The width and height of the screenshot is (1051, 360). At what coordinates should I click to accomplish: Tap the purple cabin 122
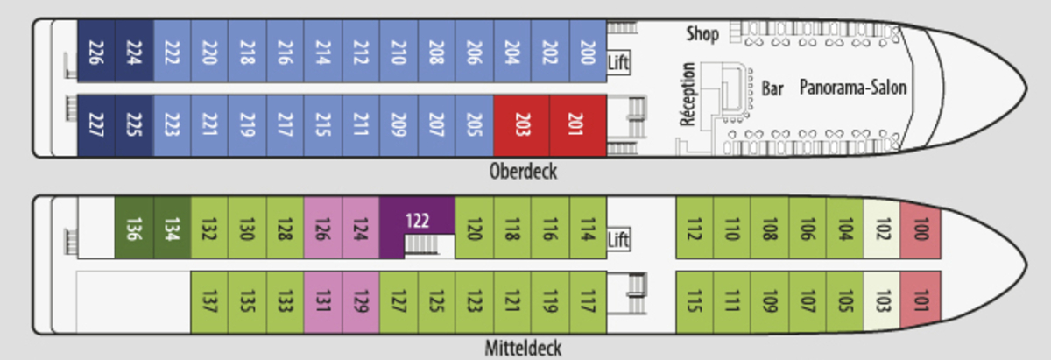click(417, 220)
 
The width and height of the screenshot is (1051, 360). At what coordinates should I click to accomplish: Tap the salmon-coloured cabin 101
click(920, 301)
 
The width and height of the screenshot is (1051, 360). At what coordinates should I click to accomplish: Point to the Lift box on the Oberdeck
click(618, 63)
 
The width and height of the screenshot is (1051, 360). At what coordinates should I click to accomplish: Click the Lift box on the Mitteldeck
click(618, 238)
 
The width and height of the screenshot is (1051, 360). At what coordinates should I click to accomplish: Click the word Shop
click(702, 34)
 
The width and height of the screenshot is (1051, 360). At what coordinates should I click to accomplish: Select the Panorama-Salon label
click(852, 88)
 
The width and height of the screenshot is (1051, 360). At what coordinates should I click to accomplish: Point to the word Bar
click(772, 88)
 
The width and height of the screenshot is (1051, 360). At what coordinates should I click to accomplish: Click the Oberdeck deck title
click(523, 172)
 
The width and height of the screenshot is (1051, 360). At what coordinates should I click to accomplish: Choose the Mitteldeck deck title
click(523, 349)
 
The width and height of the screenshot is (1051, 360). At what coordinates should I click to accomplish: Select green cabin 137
click(209, 301)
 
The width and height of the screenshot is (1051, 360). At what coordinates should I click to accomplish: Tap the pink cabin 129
click(360, 301)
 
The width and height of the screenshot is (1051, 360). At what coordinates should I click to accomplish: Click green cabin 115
click(695, 301)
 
